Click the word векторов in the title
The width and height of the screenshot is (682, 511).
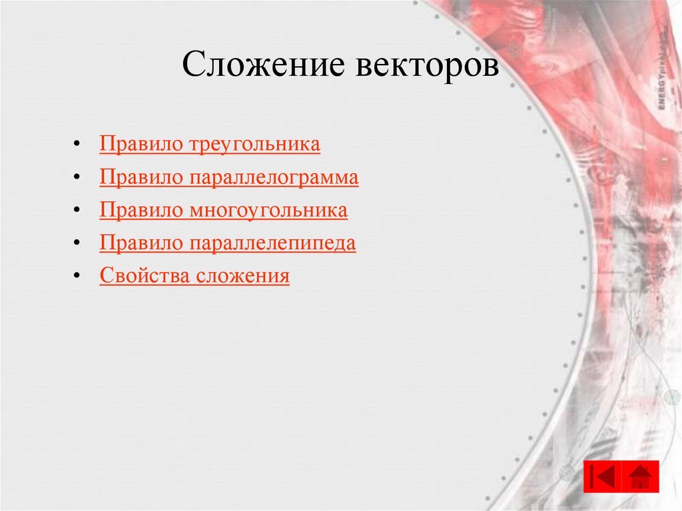point(427,67)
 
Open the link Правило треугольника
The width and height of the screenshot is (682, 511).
point(210,145)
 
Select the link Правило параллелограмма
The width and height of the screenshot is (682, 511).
point(229,178)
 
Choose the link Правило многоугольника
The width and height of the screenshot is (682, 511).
point(223,211)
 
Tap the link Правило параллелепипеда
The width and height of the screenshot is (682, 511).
point(228,243)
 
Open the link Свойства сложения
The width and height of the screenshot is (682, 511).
point(194,276)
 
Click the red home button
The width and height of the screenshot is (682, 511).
point(641,476)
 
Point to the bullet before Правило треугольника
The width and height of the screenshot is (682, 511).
point(79,145)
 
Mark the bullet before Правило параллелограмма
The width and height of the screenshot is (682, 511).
point(79,178)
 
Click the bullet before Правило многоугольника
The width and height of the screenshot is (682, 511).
point(79,211)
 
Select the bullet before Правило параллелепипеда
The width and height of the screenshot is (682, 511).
point(79,243)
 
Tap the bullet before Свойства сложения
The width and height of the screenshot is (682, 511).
point(79,276)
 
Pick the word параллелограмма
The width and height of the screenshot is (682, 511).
point(275,178)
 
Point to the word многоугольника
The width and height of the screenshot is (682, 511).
point(269,211)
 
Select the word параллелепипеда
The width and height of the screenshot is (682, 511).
point(273,243)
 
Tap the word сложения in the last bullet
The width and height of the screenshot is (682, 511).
point(243,276)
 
